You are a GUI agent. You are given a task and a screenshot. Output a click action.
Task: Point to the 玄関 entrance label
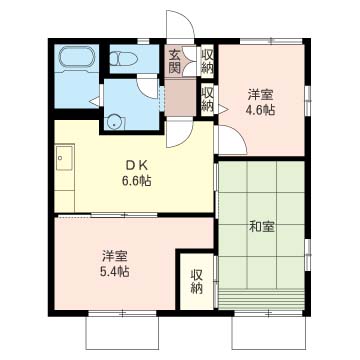point(175,61)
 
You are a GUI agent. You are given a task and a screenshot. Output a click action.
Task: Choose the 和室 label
point(262,227)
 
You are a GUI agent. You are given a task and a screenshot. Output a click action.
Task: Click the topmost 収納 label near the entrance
point(207,61)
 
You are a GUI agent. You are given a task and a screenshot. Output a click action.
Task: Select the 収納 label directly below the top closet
point(207,98)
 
